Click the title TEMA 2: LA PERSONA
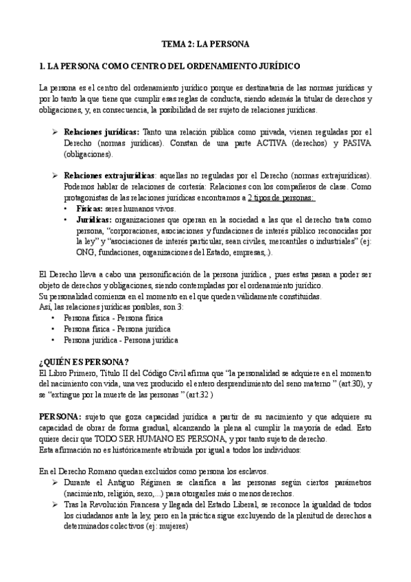[x=205, y=43]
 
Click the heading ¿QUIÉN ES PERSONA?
[x=85, y=362]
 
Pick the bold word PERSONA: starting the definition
[x=60, y=417]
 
